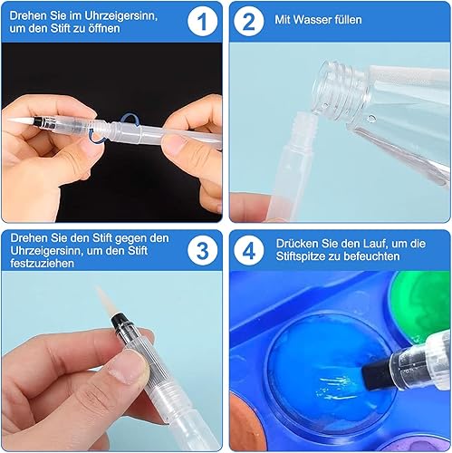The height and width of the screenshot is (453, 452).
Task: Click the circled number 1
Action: pos(202,22)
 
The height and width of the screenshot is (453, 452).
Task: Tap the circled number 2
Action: pos(249,22)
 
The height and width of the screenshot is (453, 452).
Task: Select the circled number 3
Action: pos(202,251)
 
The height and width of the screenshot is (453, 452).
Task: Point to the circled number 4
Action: pos(249,251)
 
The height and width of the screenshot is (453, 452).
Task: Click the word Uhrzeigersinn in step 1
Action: pos(120,15)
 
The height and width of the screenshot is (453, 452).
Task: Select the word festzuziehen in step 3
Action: pos(42,264)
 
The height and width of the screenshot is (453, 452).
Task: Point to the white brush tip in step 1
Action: pos(21,120)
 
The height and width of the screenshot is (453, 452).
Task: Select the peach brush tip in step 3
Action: pos(104,301)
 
